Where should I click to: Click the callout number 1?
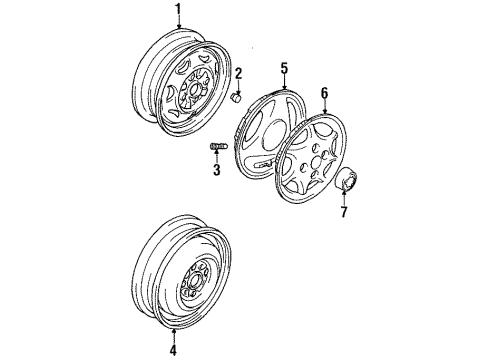click(x=179, y=11)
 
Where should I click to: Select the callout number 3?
click(x=216, y=170)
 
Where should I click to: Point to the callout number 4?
click(x=172, y=350)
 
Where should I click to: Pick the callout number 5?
click(x=284, y=68)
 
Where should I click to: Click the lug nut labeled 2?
click(x=236, y=97)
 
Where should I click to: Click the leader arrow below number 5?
click(x=284, y=82)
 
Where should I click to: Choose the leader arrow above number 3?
click(x=216, y=158)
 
